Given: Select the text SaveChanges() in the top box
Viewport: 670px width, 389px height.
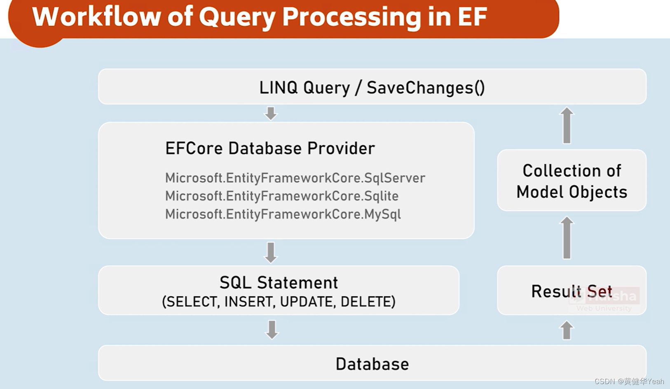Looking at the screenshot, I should (426, 87).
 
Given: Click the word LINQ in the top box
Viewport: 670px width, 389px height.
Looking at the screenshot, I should (278, 87).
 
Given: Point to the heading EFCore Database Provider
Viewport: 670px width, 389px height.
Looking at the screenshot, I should (270, 149).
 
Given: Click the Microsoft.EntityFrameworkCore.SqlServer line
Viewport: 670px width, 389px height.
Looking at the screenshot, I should (295, 178).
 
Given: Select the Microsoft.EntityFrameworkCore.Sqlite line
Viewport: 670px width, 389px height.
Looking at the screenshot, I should (282, 196).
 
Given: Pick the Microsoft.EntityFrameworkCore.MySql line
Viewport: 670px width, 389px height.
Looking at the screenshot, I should (283, 214).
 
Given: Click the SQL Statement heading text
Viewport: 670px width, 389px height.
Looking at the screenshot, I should (279, 283).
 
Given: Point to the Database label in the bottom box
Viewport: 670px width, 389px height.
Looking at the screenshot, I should (372, 364).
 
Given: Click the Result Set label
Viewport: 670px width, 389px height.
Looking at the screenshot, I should (571, 291).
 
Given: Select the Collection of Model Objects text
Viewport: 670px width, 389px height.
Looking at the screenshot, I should (572, 181).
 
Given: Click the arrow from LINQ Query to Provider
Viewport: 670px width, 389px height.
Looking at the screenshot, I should (271, 113).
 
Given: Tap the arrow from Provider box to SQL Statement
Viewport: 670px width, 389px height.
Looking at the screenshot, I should (271, 252).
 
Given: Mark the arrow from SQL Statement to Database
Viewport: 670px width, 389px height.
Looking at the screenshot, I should (272, 330).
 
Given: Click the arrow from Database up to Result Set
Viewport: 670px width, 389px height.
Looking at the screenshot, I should (567, 330).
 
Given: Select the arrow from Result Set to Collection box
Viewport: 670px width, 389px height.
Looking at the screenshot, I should (567, 238).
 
